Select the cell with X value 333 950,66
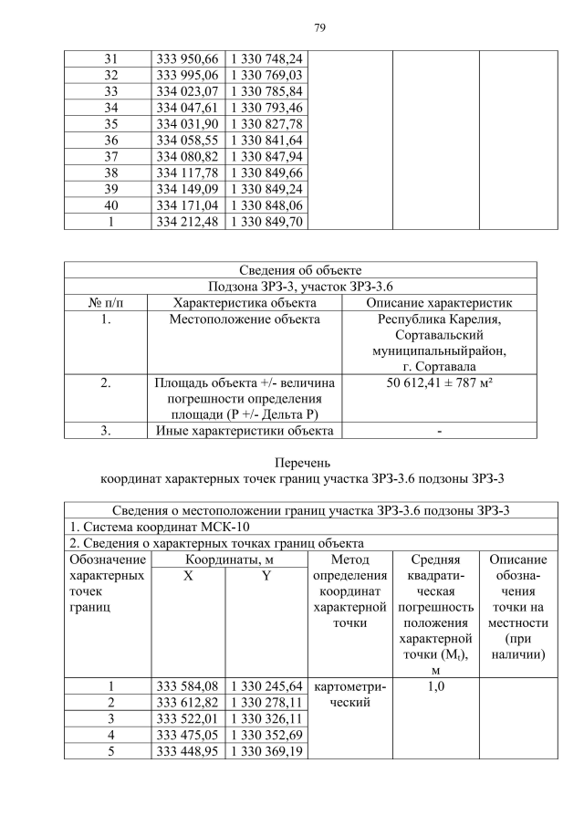[187, 58]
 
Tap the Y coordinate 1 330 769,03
[265, 74]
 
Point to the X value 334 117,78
[187, 173]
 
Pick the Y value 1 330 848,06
[265, 205]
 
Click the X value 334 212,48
[187, 222]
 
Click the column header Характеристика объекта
[245, 302]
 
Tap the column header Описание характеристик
[439, 302]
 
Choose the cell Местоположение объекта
[245, 319]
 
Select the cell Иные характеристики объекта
[245, 431]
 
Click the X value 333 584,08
[187, 685]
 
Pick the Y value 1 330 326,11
[265, 718]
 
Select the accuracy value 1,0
[435, 685]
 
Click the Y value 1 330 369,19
[265, 751]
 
